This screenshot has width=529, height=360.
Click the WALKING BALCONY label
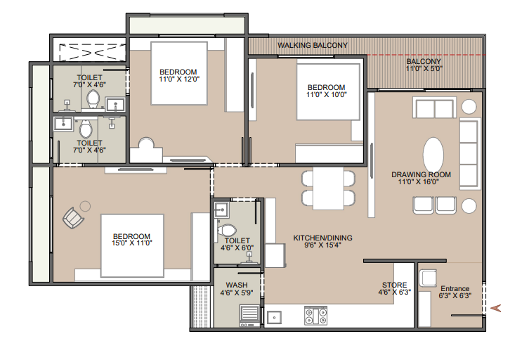(x=313, y=45)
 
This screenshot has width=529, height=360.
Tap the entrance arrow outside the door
(x=495, y=308)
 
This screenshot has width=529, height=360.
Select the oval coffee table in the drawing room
(x=433, y=155)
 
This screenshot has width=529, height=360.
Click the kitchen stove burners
(x=315, y=316)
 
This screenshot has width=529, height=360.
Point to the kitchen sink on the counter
(x=274, y=318)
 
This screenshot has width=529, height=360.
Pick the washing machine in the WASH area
(x=249, y=316)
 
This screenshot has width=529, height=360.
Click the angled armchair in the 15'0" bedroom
(x=73, y=218)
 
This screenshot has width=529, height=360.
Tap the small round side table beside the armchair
(x=85, y=206)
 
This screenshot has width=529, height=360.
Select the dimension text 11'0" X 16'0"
(x=418, y=182)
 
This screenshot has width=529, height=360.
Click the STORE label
(x=394, y=285)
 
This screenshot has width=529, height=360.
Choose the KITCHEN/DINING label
(x=322, y=238)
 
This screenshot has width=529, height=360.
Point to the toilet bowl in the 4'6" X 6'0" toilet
(x=226, y=231)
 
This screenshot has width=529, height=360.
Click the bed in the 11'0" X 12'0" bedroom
(x=179, y=73)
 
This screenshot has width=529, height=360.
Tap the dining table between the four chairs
(x=328, y=188)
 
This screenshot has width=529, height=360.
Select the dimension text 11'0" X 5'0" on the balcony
(x=424, y=69)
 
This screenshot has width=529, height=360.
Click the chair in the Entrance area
(x=428, y=278)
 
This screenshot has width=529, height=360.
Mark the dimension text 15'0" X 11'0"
(x=132, y=243)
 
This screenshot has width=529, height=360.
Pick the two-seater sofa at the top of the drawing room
(x=434, y=108)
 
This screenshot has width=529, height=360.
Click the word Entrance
(x=455, y=289)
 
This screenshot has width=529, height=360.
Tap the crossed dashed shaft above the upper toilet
(x=92, y=53)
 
